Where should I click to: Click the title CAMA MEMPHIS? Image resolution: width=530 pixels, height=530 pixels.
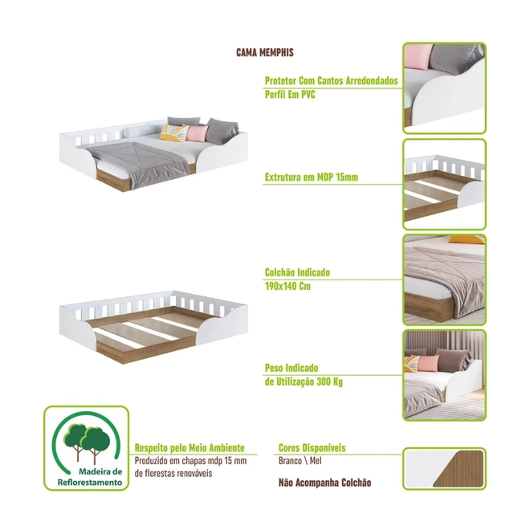tap(265, 52)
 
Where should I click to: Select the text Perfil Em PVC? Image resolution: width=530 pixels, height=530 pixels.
tap(290, 94)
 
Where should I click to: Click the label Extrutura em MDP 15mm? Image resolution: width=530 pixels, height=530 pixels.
tap(312, 177)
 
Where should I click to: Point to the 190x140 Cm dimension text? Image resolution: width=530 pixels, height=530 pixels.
tap(287, 287)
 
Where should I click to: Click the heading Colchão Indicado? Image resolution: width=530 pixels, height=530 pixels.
tap(297, 272)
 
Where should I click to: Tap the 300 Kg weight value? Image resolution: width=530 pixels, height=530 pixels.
tap(330, 382)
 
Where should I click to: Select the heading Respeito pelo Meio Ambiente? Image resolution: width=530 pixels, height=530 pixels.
tap(190, 448)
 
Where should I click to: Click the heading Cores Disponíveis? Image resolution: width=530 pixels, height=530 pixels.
tap(312, 448)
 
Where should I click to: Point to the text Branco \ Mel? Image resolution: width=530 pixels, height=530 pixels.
tap(300, 461)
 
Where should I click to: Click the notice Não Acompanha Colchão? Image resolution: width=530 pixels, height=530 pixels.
tap(325, 483)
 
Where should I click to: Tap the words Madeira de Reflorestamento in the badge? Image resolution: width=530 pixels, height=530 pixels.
tap(90, 477)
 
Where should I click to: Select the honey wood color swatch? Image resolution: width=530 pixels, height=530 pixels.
tap(459, 468)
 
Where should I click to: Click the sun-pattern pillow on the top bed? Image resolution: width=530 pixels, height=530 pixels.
tap(173, 132)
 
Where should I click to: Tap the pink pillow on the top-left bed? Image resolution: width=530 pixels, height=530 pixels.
tap(197, 133)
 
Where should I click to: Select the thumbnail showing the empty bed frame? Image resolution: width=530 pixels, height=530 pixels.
tap(445, 185)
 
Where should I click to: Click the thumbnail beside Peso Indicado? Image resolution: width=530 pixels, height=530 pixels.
tap(445, 375)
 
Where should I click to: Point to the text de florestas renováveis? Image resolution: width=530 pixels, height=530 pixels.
tap(173, 473)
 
